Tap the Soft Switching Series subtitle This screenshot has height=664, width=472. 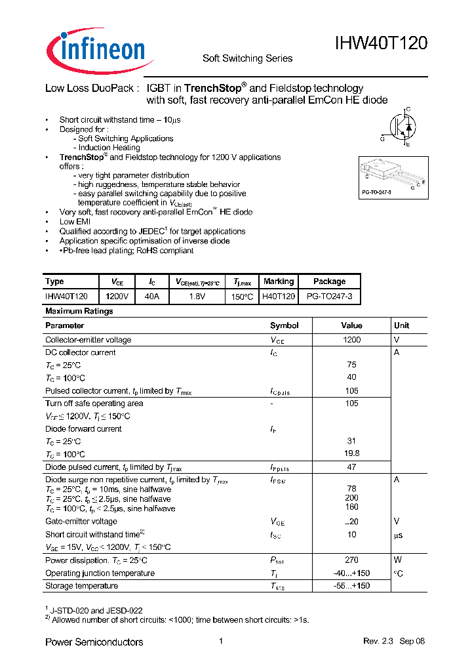247,58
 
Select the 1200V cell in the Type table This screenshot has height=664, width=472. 117,297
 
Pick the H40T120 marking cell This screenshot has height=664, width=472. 278,297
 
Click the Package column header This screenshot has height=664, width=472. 329,281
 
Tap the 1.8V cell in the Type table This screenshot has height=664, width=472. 197,297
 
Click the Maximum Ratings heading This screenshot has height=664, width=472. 79,311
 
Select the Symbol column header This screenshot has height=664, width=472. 284,325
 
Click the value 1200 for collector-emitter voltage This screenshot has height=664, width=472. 351,340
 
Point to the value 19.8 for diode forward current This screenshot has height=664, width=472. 351,454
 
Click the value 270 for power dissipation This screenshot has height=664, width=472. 351,560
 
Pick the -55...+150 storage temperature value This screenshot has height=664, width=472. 351,586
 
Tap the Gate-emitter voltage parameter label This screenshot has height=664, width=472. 81,522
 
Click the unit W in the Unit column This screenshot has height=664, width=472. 397,560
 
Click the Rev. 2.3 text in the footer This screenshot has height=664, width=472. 377,642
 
